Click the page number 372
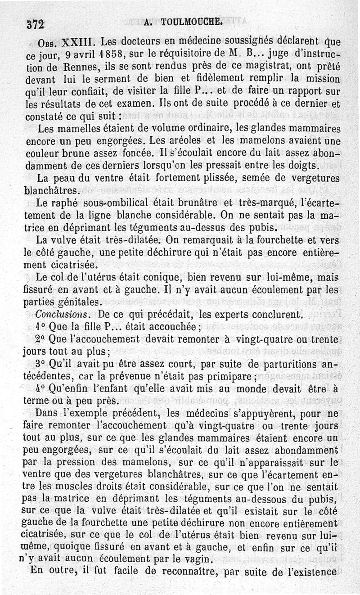35,25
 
